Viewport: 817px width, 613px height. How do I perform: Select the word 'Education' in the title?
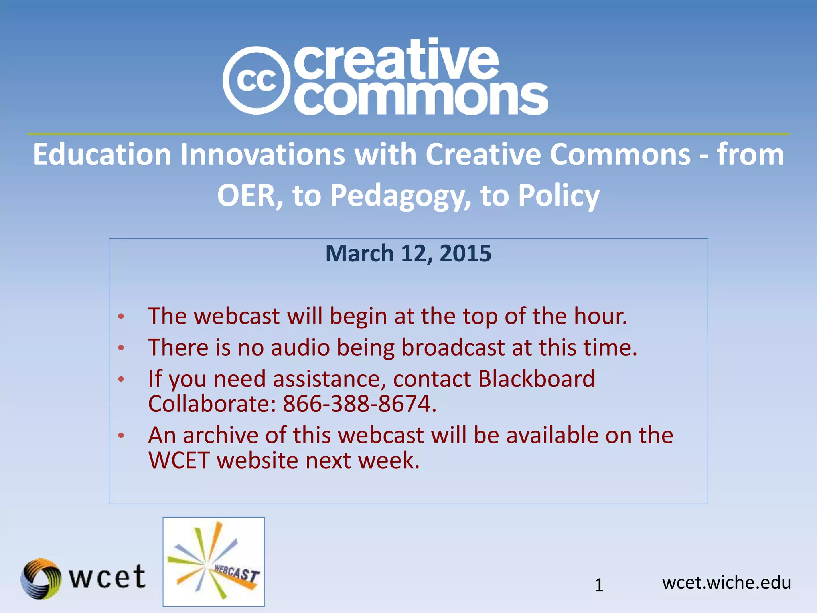click(x=102, y=154)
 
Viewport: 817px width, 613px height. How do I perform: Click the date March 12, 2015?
click(x=408, y=253)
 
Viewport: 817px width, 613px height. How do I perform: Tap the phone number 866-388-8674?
click(x=359, y=404)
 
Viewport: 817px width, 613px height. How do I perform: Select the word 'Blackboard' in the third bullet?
click(x=536, y=378)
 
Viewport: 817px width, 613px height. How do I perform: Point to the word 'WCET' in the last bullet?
click(x=179, y=460)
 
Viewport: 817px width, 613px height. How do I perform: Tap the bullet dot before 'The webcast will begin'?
click(x=121, y=317)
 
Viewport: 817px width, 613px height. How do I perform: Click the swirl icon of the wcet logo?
click(x=41, y=578)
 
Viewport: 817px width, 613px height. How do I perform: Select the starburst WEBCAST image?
click(x=213, y=562)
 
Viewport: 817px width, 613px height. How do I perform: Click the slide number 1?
click(x=599, y=585)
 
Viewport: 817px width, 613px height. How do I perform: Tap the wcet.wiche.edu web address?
click(x=726, y=583)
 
